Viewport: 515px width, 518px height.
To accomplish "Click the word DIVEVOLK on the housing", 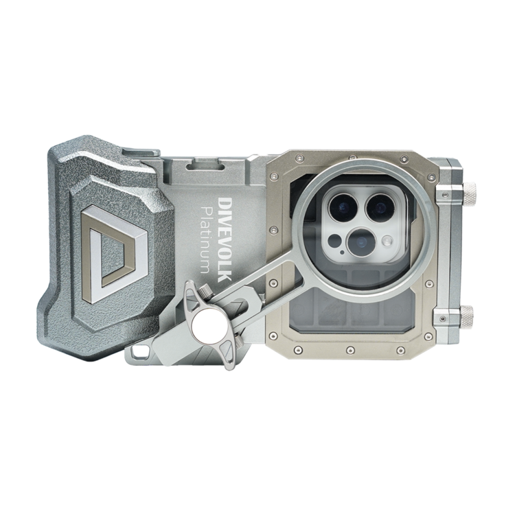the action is tap(225, 240).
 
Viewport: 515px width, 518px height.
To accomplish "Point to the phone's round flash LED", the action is tap(388, 241).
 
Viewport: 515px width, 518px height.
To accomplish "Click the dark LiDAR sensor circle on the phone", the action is tap(335, 241).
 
